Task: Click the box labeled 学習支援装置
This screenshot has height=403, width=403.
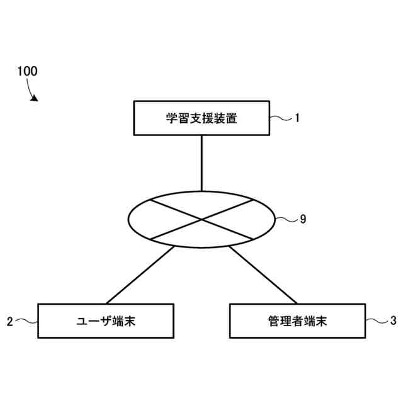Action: click(x=201, y=118)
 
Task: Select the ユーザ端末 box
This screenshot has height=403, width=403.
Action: click(x=105, y=321)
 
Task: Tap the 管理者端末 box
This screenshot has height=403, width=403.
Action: click(x=297, y=321)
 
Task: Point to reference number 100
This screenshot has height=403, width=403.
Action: click(x=27, y=71)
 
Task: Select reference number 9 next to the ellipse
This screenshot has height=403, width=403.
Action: click(x=303, y=219)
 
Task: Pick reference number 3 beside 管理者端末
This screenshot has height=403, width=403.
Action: click(x=393, y=321)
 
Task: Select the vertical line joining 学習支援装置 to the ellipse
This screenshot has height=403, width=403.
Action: click(x=201, y=162)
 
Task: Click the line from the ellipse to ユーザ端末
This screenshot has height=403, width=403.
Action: click(x=140, y=275)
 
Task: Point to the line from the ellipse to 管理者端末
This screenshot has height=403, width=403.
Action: click(x=263, y=275)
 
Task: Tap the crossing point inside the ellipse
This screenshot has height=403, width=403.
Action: click(x=201, y=220)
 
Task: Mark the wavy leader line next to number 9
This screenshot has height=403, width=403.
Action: click(x=287, y=219)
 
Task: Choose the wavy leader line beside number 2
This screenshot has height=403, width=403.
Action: click(x=26, y=321)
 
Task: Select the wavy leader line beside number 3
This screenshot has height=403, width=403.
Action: click(x=376, y=321)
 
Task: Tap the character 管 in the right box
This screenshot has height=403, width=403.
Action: click(x=272, y=321)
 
